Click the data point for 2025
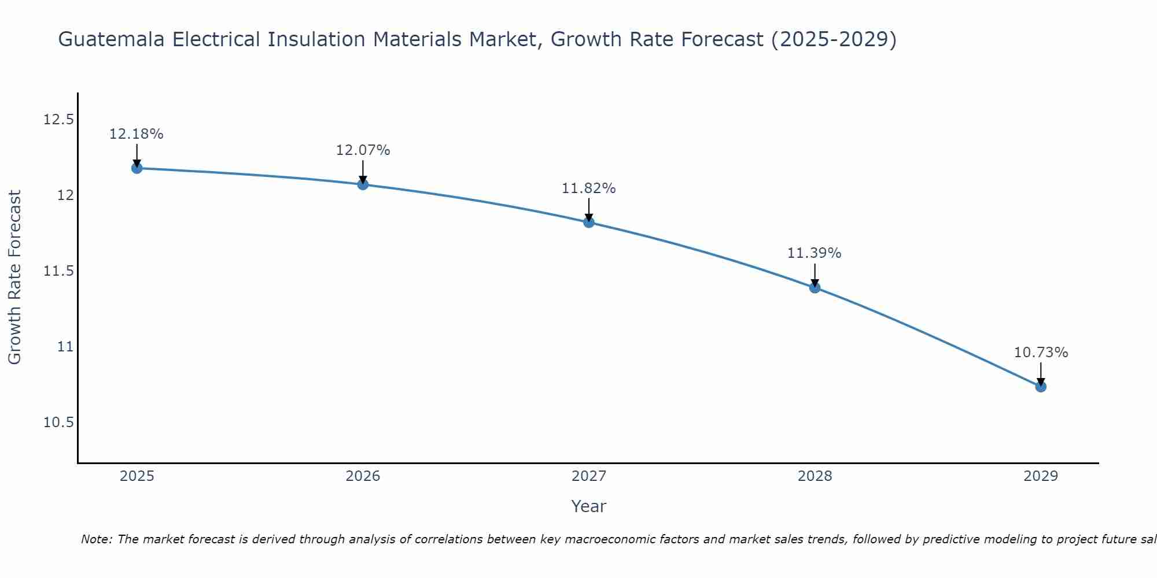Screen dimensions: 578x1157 pos(137,168)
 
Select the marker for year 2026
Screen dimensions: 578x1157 pos(363,184)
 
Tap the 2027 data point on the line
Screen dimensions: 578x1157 pos(589,222)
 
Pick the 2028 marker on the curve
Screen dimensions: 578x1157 pos(815,287)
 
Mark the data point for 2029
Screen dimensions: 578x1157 pos(1041,387)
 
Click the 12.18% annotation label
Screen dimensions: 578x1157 pos(137,134)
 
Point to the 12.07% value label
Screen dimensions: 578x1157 pos(363,150)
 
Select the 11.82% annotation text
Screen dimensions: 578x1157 pos(589,188)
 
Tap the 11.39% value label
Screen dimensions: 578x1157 pos(815,253)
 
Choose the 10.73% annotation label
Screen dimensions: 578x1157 pos(1041,353)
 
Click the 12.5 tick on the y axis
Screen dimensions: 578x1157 pos(59,120)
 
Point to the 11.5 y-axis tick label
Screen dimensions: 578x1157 pos(59,271)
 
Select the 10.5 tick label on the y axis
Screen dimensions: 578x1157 pos(59,423)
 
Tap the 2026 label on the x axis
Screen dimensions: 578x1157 pos(363,476)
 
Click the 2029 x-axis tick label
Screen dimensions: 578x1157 pos(1041,476)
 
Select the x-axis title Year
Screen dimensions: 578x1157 pos(589,506)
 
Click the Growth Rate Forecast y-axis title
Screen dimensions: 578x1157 pos(14,277)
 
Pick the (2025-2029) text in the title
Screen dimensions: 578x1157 pos(834,40)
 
